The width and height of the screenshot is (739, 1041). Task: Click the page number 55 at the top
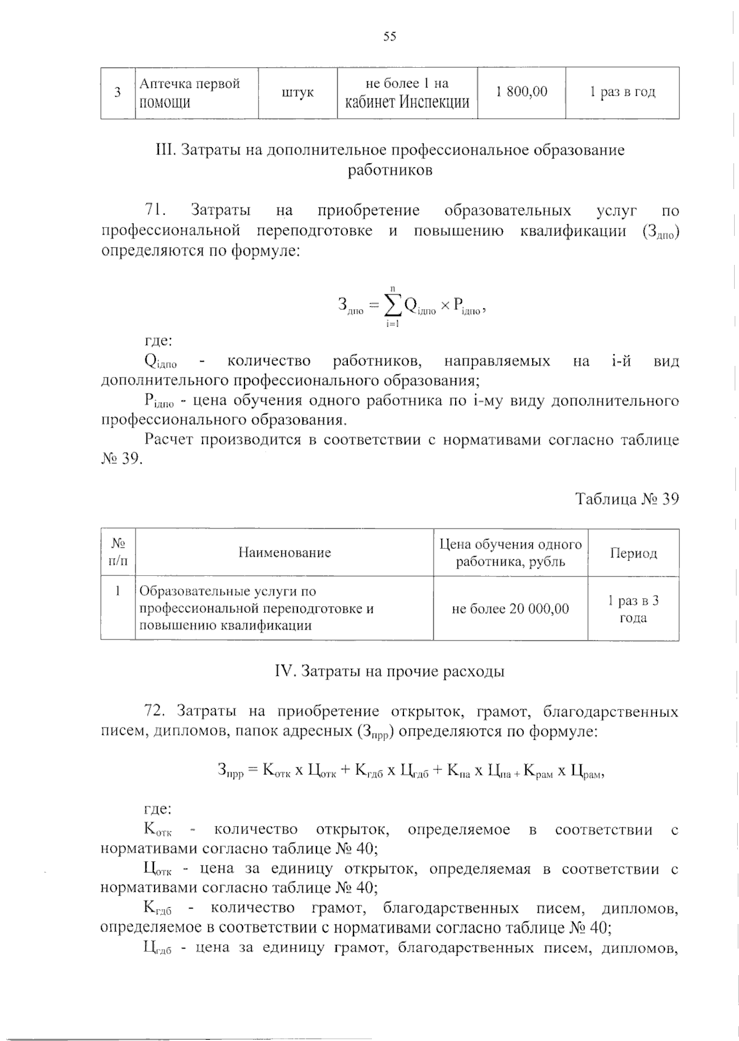pos(390,37)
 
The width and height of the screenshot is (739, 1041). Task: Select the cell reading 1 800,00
pos(521,92)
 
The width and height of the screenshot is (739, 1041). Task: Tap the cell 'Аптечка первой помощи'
pos(190,92)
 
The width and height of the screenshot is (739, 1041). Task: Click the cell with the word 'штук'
pos(297,92)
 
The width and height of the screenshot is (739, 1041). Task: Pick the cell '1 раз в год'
pos(622,92)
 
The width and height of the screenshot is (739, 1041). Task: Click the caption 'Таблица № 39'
pos(627,498)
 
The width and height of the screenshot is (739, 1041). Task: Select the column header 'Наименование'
pos(285,553)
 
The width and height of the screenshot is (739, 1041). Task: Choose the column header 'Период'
pos(633,553)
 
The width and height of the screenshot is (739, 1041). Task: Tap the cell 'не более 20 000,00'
pos(510,609)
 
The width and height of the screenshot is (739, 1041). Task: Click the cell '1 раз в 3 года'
pos(633,609)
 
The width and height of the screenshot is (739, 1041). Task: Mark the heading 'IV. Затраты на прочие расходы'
pos(389,671)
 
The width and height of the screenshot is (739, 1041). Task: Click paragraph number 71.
pos(154,211)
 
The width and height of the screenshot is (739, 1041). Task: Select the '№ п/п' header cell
pos(118,553)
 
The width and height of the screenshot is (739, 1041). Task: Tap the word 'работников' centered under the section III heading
pos(390,170)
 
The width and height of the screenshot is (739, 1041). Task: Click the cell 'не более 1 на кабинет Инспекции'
pos(407,92)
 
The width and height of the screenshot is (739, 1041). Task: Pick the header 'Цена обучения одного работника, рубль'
pos(510,553)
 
